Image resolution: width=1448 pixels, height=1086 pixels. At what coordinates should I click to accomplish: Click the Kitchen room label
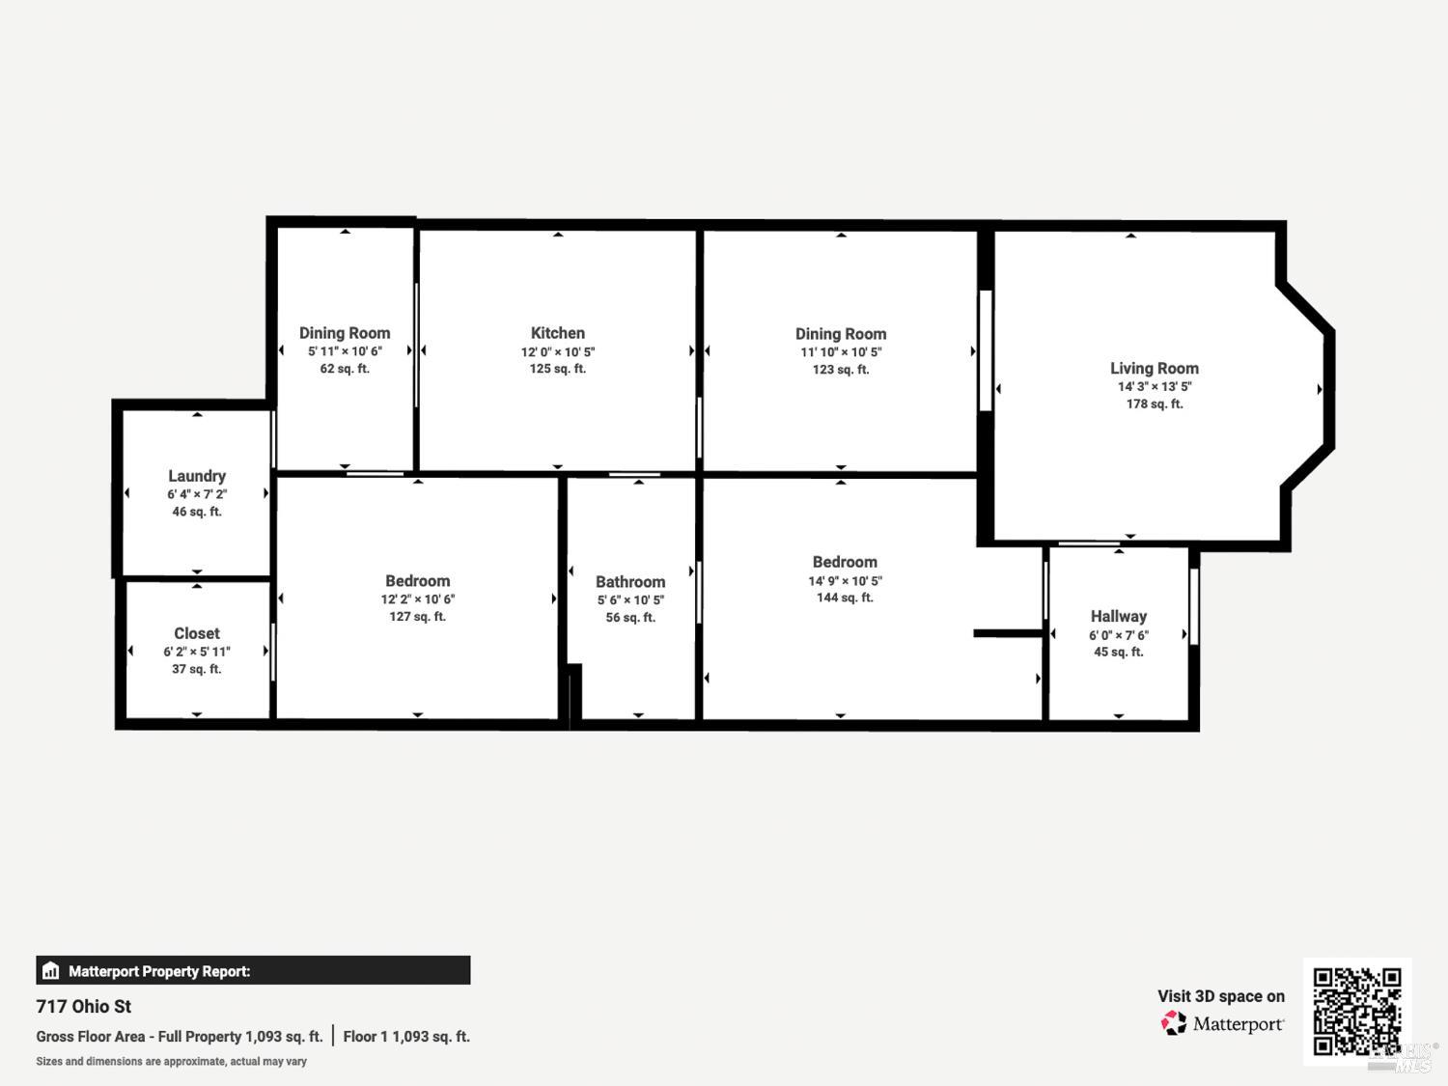coord(557,333)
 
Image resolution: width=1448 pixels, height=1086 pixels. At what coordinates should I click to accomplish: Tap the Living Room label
coord(1154,368)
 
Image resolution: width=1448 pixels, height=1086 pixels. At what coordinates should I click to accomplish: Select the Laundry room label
coord(197,476)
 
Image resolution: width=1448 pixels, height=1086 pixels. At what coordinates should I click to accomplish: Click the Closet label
coord(197,633)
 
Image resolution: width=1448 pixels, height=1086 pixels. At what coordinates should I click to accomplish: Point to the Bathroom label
coord(629,582)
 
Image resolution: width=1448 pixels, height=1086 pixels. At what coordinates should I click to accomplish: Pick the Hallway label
coord(1118,616)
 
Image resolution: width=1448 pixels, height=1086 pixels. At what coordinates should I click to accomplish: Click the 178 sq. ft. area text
coord(1154,404)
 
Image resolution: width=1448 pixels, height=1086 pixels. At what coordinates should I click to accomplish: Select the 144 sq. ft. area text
coord(845,599)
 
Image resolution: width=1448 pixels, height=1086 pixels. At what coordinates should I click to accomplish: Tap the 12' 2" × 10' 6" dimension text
coord(417,599)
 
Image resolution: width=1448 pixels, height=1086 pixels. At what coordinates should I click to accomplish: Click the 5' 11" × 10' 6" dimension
coord(345,352)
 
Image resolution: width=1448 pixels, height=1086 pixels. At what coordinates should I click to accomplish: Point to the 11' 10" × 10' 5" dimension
coord(840,352)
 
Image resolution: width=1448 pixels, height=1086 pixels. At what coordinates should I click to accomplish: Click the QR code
coord(1356,1011)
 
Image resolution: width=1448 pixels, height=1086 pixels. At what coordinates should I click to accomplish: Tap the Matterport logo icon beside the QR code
coord(1174,1023)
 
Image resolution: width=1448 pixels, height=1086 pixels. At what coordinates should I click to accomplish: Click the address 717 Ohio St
coord(84,1007)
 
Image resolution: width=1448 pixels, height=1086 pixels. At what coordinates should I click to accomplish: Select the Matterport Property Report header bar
coord(253,971)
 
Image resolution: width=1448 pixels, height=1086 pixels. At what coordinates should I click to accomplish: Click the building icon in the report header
coord(51,971)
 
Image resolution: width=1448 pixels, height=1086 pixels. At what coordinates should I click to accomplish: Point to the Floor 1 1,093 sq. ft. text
coord(406,1037)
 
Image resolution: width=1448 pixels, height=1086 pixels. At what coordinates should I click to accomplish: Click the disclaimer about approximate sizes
coord(172,1062)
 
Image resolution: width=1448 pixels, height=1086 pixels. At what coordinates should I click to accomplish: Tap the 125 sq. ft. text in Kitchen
coord(557,369)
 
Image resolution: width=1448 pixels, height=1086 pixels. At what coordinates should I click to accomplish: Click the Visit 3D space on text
coord(1220,996)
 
